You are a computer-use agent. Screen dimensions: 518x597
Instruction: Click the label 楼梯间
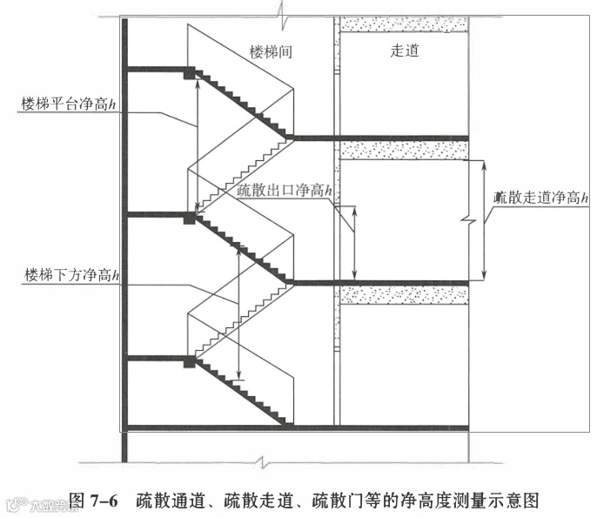tap(270, 52)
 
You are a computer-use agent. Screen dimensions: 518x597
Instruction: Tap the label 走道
tap(405, 51)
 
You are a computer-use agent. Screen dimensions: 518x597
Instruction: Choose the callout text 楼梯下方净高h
tap(72, 277)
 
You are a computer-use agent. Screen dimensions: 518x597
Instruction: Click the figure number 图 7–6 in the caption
tap(93, 501)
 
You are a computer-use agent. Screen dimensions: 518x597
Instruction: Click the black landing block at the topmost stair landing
tap(189, 74)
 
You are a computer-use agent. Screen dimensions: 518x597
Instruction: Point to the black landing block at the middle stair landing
tap(189, 219)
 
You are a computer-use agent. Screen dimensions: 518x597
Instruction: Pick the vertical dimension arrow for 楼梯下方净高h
tap(238, 313)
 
